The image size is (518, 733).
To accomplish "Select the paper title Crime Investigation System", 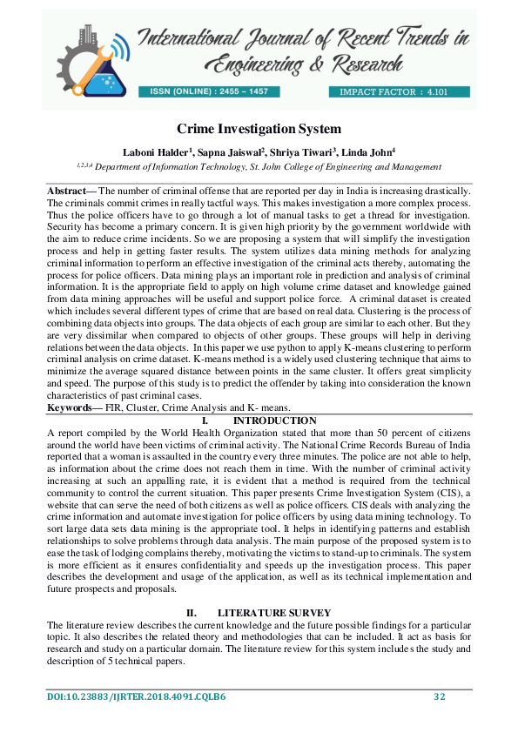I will tap(259, 129).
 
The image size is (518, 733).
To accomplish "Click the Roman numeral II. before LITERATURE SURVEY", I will tap(192, 614).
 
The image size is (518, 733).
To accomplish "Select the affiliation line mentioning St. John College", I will tap(259, 165).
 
